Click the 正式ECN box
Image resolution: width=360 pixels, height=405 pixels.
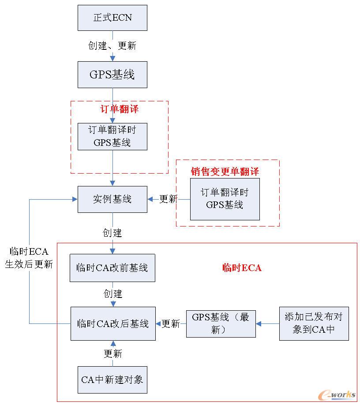pos(112,18)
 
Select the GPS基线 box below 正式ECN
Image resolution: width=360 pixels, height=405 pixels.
pos(112,74)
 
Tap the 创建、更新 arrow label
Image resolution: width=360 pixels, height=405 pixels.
pos(112,46)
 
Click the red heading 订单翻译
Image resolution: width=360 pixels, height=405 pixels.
pos(119,109)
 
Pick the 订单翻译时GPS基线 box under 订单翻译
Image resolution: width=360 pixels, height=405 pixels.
pos(112,137)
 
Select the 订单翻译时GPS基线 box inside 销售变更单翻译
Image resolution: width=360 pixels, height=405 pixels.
pos(225,199)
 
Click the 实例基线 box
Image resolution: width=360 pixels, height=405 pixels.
pos(112,199)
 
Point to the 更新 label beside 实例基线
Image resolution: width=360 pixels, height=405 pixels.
pos(168,199)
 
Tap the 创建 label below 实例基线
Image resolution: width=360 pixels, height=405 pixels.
pos(112,232)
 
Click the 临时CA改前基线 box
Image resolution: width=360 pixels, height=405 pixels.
pos(112,268)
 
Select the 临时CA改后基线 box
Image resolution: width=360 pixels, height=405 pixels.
pos(113,323)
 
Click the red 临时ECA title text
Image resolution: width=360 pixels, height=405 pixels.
pos(241,268)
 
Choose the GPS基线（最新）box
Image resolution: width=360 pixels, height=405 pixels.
pos(221,323)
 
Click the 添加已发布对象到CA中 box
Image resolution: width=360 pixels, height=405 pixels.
pos(314,323)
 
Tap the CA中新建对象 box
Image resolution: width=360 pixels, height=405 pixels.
pos(112,379)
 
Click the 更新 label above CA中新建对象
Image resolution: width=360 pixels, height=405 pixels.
pos(113,354)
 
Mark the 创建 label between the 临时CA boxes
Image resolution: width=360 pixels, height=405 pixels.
pos(113,294)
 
